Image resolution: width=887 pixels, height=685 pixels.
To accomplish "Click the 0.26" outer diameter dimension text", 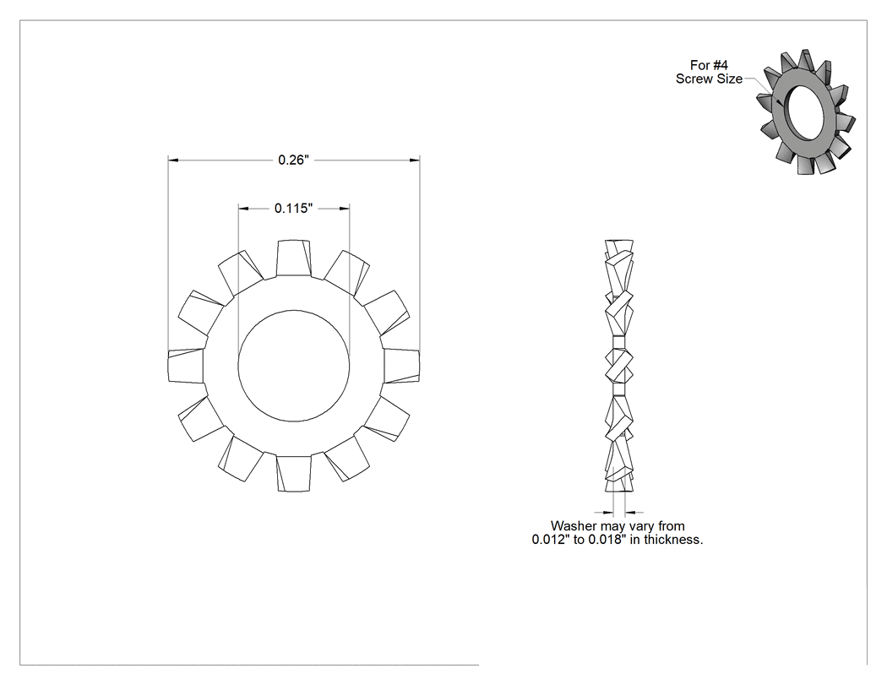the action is [x=294, y=160].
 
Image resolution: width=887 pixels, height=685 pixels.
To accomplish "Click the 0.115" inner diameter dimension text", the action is [x=294, y=208].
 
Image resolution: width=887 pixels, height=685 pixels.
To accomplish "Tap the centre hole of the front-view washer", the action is [x=294, y=366].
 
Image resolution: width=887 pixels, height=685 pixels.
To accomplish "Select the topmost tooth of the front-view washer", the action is [x=294, y=258].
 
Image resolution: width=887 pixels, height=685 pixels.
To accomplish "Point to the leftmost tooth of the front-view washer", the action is [x=186, y=366].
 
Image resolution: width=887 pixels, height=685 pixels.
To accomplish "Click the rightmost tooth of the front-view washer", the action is [x=401, y=366].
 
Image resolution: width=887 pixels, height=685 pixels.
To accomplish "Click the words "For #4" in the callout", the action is [x=709, y=65].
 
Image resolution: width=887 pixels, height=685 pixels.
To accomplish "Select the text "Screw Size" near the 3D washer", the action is [x=709, y=79].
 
